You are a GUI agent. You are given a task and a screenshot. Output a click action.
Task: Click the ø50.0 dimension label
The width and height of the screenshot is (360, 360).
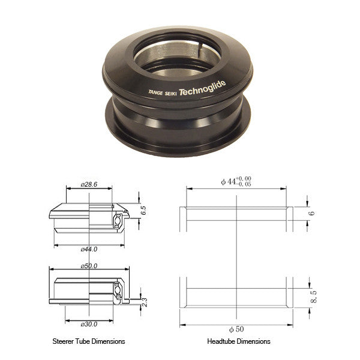tap(89, 265)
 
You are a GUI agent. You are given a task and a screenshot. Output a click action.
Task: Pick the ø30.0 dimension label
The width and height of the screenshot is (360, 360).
tap(89, 325)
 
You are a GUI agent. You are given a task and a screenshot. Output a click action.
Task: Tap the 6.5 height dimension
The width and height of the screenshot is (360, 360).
tap(143, 211)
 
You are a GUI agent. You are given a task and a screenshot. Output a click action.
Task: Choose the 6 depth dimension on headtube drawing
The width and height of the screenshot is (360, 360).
tap(311, 212)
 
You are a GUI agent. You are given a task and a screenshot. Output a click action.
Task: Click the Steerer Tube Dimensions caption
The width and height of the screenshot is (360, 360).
tap(89, 341)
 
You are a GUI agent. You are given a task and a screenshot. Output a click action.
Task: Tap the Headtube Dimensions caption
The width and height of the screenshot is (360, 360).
tap(238, 341)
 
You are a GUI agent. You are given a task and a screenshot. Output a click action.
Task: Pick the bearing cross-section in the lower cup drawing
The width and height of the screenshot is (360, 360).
tap(119, 293)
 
